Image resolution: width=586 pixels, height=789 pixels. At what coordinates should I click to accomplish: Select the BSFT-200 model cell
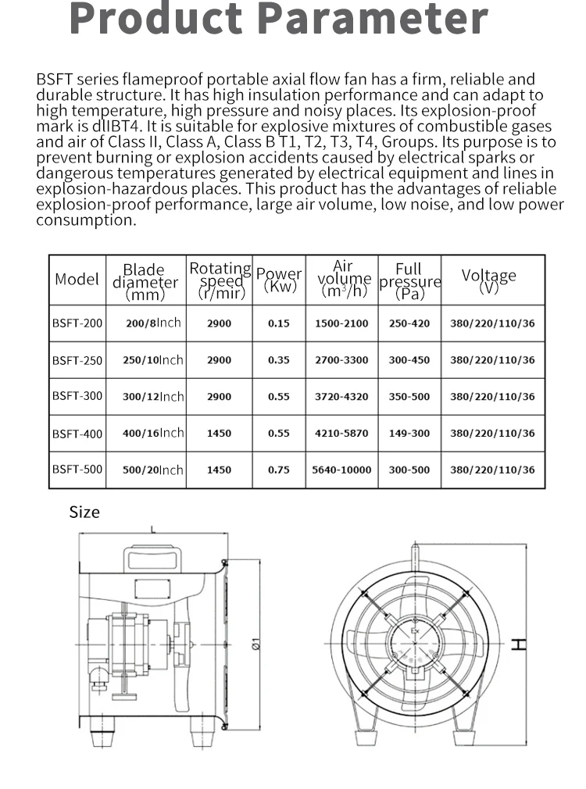tap(77, 323)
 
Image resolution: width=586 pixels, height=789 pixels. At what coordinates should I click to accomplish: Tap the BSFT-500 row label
tap(77, 469)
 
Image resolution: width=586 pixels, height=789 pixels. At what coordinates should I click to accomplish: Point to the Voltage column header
tap(489, 279)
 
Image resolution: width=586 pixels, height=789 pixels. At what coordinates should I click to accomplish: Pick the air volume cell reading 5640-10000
tap(341, 469)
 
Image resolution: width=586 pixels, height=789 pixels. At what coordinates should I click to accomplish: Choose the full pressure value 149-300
tap(409, 433)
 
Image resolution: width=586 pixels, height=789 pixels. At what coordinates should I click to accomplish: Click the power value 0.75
tap(279, 469)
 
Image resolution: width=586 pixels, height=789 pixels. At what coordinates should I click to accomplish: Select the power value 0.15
tap(279, 323)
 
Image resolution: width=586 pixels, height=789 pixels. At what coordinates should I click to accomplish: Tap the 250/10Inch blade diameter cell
tap(153, 360)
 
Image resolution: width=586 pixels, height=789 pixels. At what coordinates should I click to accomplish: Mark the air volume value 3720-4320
tap(341, 396)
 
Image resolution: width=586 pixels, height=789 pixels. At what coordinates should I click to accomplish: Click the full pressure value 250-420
tap(409, 323)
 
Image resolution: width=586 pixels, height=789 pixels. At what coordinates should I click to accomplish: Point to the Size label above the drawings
tap(84, 512)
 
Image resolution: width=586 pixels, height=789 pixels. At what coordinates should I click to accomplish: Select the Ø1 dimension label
tap(255, 644)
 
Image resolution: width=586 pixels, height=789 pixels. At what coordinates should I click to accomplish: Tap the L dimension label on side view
tap(152, 529)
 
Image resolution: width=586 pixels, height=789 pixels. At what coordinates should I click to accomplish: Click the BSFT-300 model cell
tap(77, 396)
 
